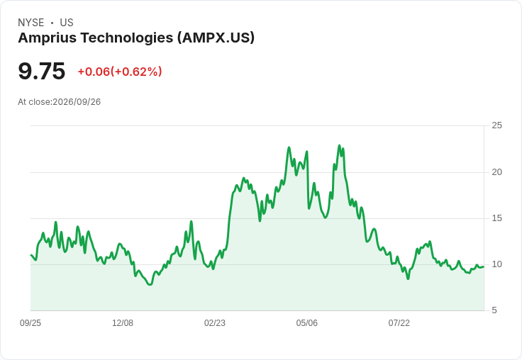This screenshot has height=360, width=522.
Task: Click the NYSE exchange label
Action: tap(31, 23)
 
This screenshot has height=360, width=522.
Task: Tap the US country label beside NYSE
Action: tap(67, 23)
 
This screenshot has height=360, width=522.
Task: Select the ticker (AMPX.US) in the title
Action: tap(216, 38)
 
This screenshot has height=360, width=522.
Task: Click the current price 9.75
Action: tap(42, 71)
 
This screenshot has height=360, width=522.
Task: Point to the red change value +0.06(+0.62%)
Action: tap(120, 72)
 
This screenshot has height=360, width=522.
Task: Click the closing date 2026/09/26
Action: tap(77, 102)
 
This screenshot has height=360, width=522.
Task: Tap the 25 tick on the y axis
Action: tap(496, 125)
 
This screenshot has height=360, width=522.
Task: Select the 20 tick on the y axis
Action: tap(496, 172)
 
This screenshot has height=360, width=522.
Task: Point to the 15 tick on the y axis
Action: tap(496, 218)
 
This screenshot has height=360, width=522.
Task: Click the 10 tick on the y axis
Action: tap(496, 264)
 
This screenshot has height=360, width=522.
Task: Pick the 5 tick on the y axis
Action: tap(494, 310)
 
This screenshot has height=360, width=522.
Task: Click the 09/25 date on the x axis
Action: tap(30, 323)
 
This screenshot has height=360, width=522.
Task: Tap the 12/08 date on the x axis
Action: tap(123, 323)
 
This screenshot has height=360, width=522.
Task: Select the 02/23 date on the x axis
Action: tap(215, 323)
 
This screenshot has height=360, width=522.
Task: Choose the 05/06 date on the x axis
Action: tap(306, 323)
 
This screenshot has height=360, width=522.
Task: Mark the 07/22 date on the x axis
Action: tap(399, 323)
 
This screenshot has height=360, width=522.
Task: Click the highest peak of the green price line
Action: tap(339, 145)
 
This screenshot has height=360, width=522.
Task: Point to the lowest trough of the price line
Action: tap(150, 284)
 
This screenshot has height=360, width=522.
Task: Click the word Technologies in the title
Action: tap(127, 38)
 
